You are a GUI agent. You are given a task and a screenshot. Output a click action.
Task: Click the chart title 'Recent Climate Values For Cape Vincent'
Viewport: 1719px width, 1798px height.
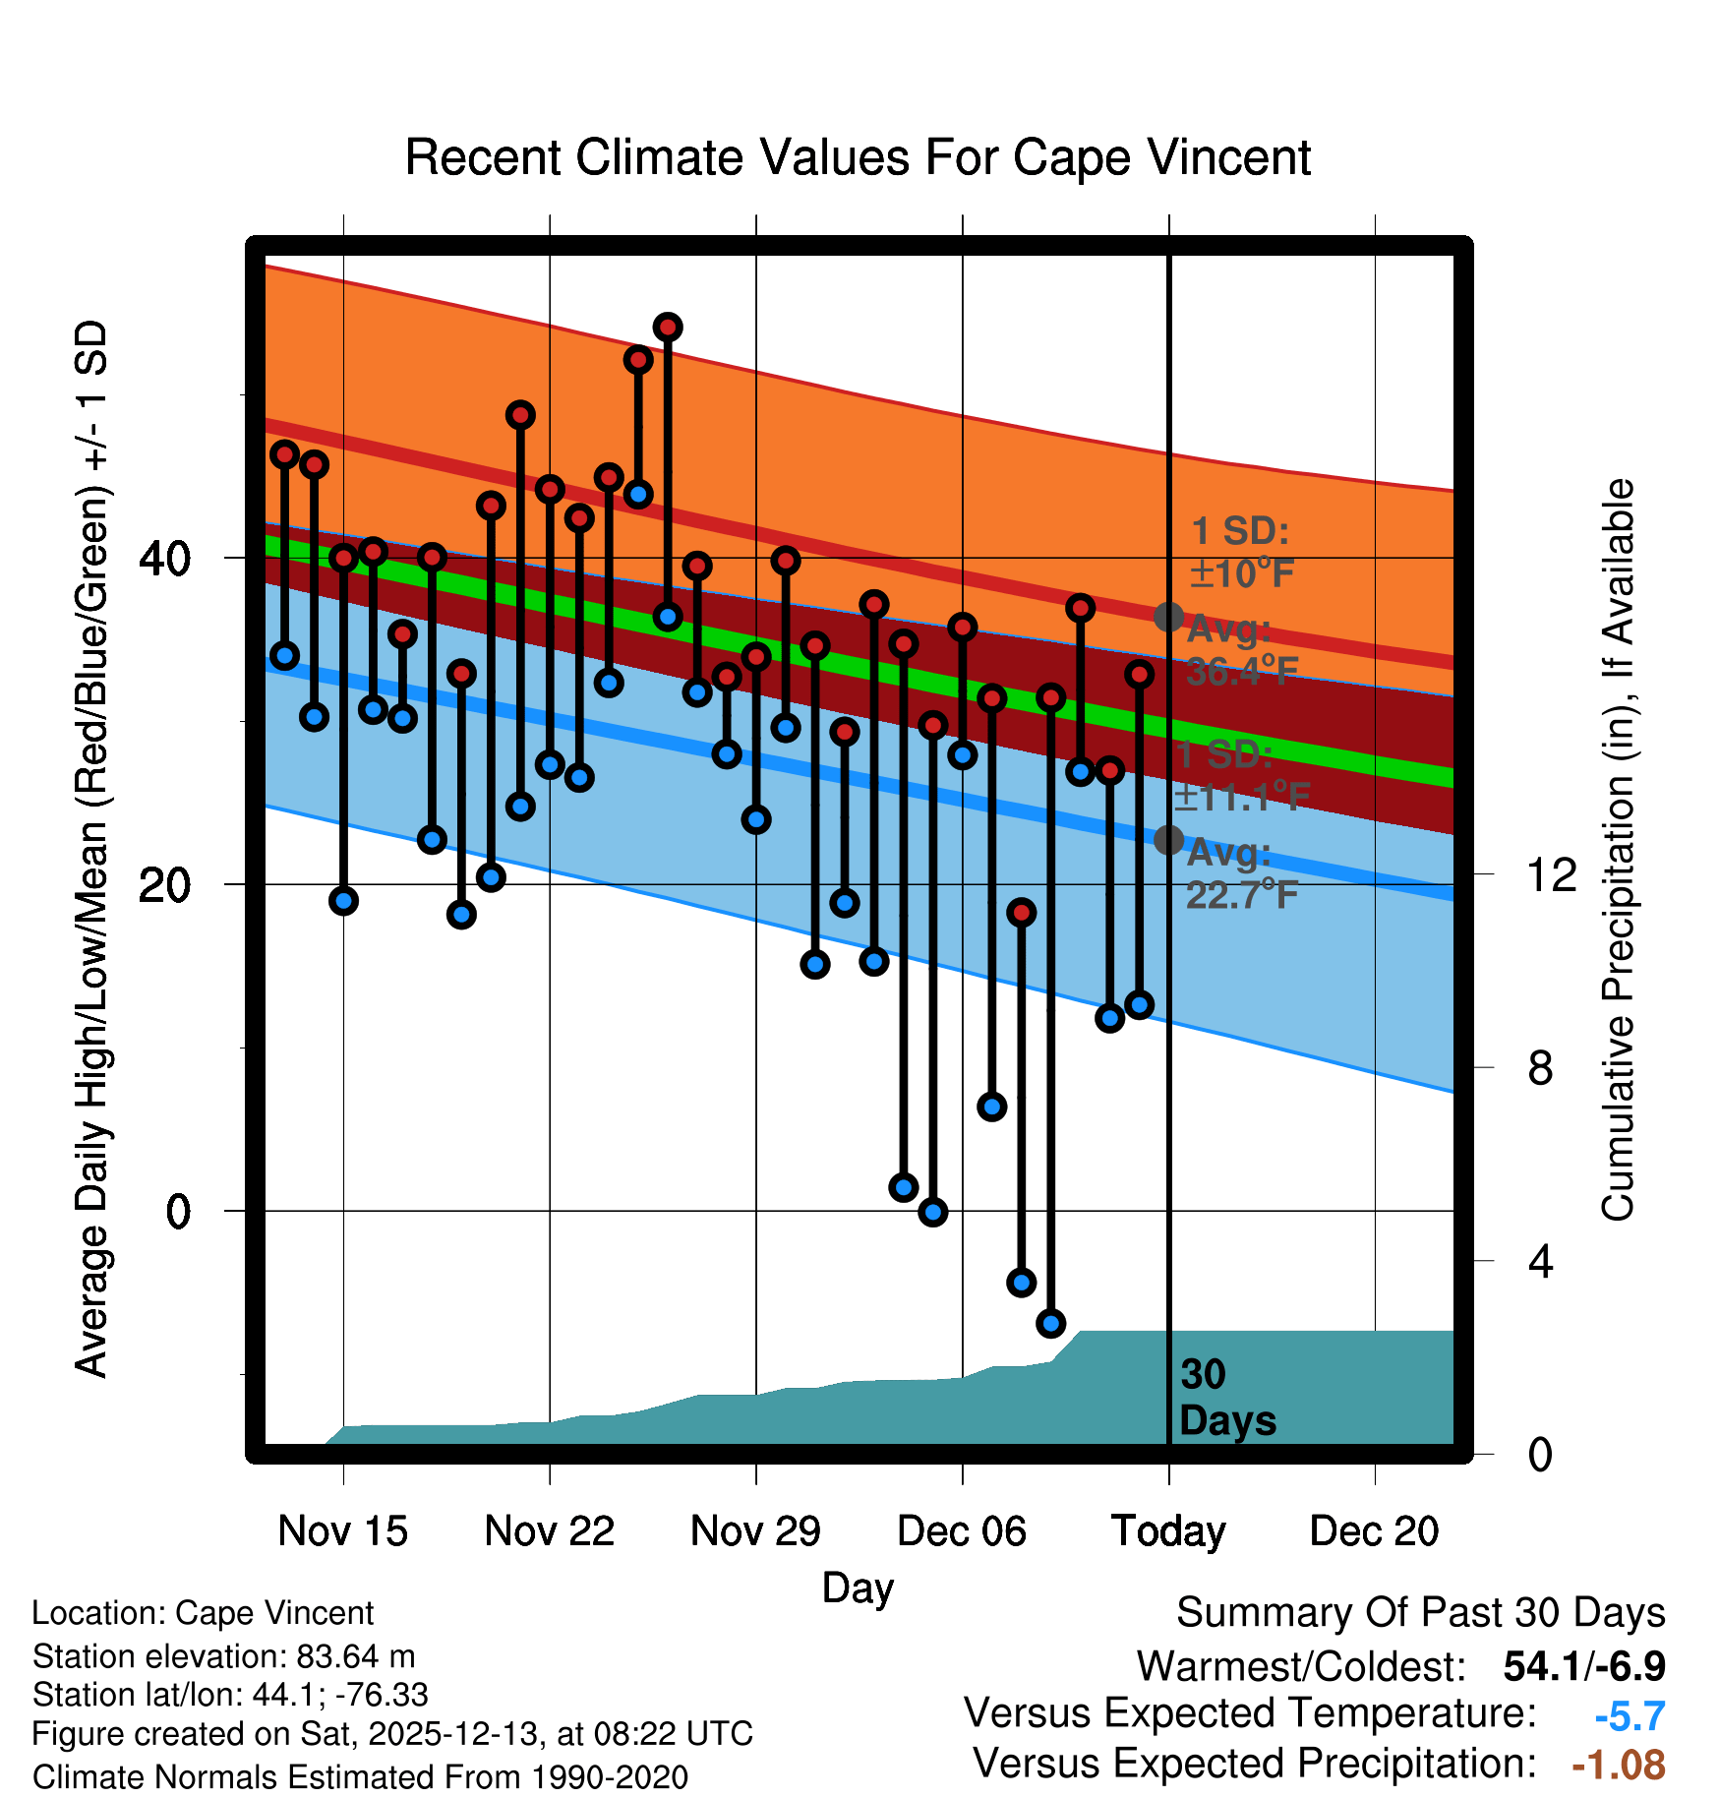(858, 157)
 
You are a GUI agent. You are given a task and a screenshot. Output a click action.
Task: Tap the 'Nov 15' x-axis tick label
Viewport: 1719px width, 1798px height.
(342, 1531)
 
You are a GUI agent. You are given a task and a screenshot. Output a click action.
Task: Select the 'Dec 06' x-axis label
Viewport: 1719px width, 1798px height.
(962, 1531)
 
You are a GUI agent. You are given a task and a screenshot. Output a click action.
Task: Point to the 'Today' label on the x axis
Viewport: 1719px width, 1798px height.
(1168, 1531)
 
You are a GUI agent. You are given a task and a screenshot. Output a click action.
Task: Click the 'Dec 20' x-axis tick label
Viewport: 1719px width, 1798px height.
(1374, 1531)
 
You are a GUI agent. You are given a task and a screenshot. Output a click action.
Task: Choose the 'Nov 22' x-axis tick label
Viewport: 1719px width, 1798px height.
(549, 1531)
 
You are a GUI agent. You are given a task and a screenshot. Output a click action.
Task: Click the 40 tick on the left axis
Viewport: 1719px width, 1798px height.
(164, 559)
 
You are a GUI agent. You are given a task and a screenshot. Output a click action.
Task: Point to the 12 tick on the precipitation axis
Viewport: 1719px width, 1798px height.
(1551, 874)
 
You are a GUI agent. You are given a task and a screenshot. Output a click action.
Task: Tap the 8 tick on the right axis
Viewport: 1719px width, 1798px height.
(1540, 1067)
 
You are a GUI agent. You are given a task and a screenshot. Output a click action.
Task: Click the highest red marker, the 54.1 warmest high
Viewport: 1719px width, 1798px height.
(668, 328)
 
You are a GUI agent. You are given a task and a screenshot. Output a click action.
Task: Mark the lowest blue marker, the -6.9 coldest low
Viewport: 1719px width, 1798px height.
(1050, 1323)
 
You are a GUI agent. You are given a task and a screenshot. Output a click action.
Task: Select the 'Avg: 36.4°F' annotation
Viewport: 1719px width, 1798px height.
(1241, 650)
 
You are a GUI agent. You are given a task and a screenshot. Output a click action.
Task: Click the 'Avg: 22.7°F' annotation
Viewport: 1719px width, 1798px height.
(1241, 873)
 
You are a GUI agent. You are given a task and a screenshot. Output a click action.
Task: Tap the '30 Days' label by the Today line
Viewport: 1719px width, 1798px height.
(1226, 1398)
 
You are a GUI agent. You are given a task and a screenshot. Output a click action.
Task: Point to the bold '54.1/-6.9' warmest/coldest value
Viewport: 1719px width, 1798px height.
(1584, 1666)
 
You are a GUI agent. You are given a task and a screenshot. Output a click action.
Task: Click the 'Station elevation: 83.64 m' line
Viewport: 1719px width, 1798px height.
(223, 1656)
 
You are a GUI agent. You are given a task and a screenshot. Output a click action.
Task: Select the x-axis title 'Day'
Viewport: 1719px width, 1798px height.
(858, 1588)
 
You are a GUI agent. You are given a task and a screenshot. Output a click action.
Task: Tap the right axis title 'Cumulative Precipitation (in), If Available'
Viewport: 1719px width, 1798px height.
(1618, 850)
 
